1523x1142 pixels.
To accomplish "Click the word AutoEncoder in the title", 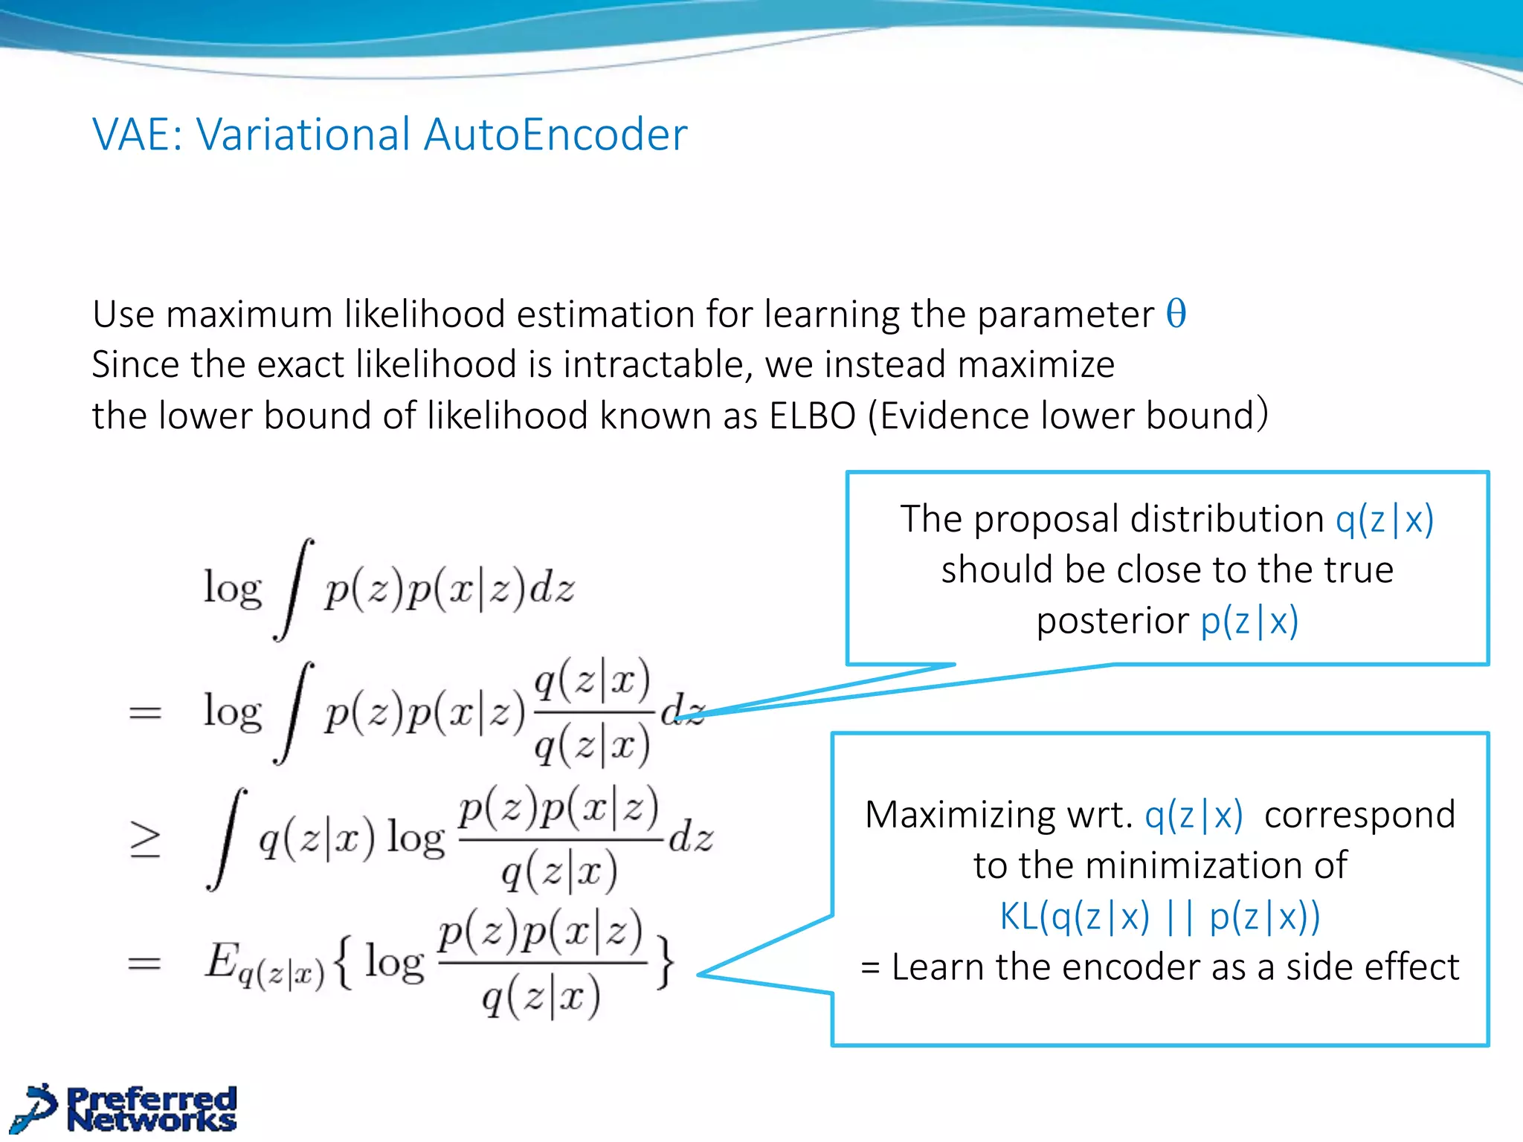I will tap(556, 135).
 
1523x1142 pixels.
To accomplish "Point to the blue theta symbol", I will tap(1176, 314).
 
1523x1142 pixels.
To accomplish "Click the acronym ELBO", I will tap(812, 416).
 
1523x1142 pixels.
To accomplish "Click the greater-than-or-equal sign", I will tap(145, 841).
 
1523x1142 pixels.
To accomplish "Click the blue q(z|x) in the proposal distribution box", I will tap(1384, 519).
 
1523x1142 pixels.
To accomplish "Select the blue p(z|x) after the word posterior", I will tap(1249, 621).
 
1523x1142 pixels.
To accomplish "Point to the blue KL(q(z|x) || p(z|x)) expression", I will tap(1159, 916).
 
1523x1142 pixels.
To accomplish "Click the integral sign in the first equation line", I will tap(293, 589).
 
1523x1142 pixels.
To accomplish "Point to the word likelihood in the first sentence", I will tap(426, 314).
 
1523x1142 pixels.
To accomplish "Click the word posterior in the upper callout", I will tap(1113, 621).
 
